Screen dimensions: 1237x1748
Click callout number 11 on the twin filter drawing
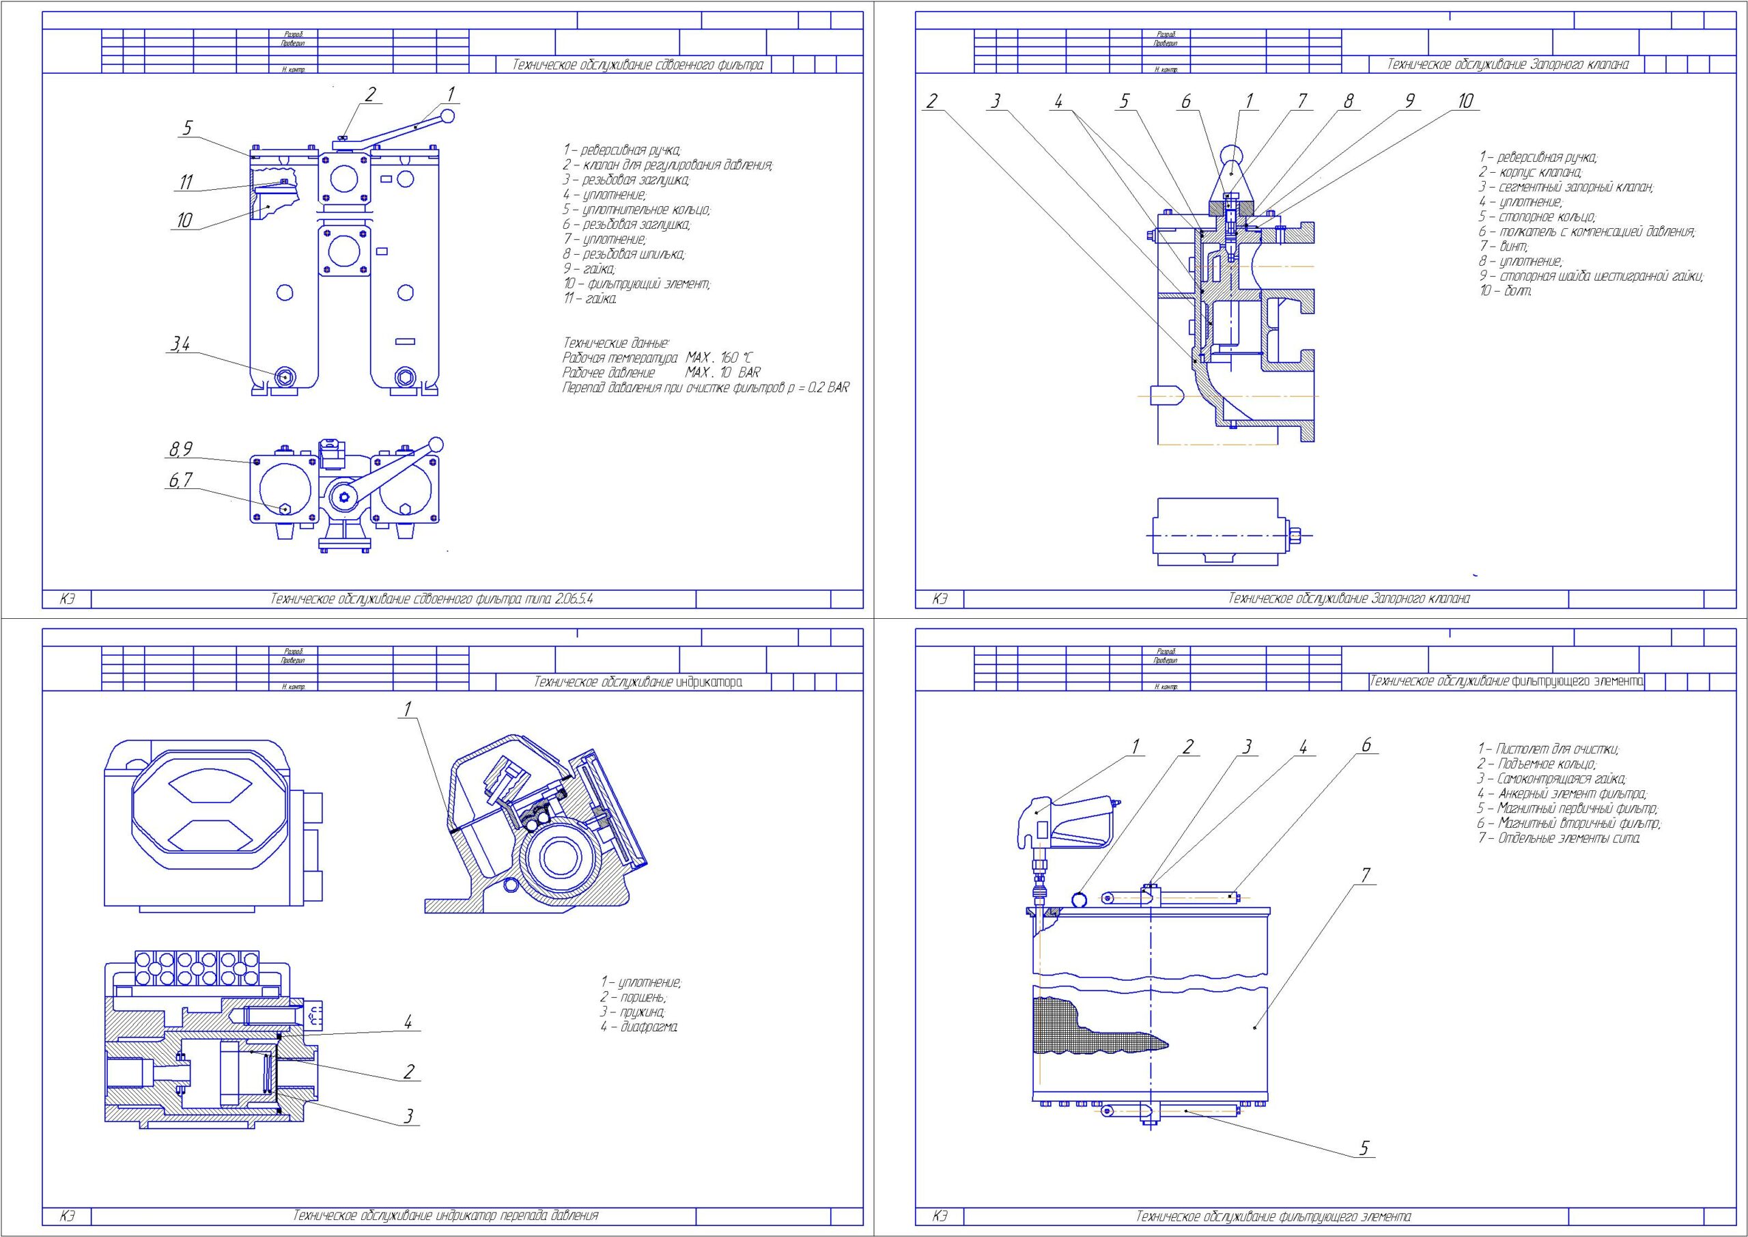point(186,182)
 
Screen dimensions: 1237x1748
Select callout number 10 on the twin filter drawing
point(184,220)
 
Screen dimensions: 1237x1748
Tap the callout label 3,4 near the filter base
point(180,345)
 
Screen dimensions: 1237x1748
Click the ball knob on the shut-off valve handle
point(1231,155)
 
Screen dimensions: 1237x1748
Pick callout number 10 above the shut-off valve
point(1465,100)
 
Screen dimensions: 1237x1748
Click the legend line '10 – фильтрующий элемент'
point(636,284)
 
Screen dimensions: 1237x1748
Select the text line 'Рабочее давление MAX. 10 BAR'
point(661,373)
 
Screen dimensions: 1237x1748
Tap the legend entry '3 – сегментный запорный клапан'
point(1566,187)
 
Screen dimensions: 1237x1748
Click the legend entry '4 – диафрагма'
point(638,1027)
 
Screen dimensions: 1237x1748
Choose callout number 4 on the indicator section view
point(408,1023)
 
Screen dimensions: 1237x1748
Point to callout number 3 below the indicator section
point(408,1117)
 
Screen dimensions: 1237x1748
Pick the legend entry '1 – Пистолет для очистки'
point(1549,749)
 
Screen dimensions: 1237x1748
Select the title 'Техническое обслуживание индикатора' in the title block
point(638,682)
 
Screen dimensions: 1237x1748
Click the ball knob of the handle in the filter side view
point(449,116)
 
